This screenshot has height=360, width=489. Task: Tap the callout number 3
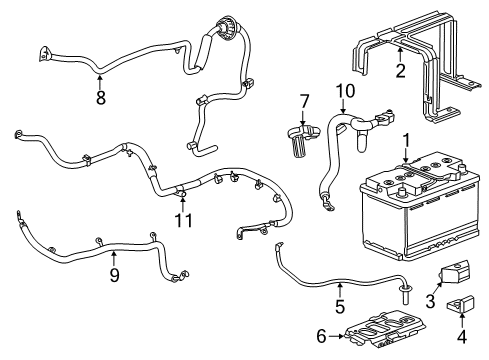(x=430, y=301)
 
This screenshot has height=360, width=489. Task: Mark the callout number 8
(x=100, y=98)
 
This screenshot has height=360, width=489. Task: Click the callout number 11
(x=182, y=218)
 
